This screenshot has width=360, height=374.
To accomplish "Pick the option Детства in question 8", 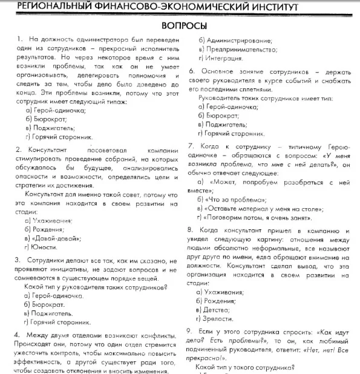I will tap(220, 309).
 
